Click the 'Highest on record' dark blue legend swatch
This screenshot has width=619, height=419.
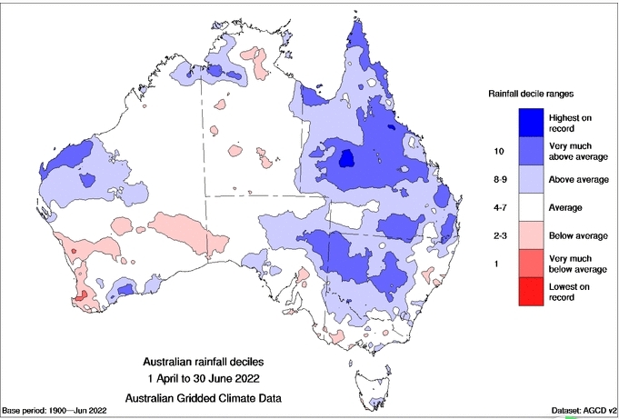(532, 120)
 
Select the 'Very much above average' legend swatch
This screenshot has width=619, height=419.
(532, 149)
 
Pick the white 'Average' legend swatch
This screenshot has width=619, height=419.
(532, 207)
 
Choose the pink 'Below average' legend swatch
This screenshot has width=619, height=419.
(532, 234)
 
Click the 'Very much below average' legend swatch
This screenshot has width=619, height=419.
(532, 264)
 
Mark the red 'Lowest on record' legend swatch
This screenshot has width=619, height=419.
(532, 293)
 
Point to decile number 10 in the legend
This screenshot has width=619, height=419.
(498, 150)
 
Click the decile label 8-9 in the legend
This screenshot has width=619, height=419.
(498, 179)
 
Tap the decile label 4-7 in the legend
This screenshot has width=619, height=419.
(498, 208)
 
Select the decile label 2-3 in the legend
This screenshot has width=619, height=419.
(498, 235)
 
